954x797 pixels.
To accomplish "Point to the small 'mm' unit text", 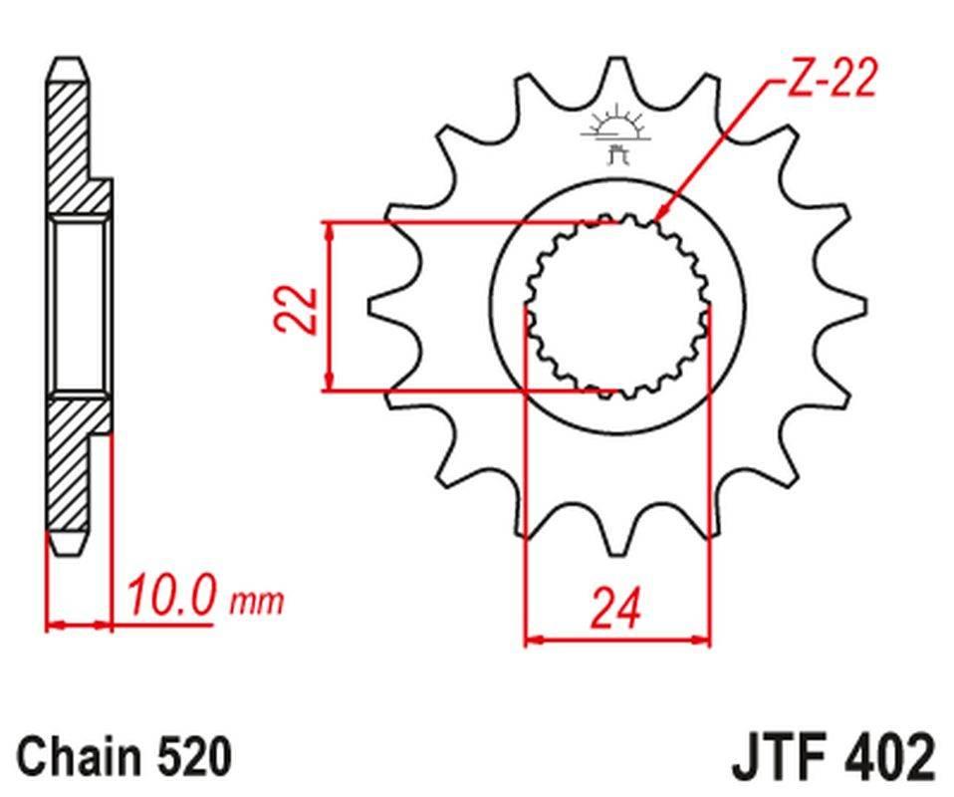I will [x=257, y=602].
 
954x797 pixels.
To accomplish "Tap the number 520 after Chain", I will [x=196, y=756].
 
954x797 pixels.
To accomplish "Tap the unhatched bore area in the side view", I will [x=79, y=306].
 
